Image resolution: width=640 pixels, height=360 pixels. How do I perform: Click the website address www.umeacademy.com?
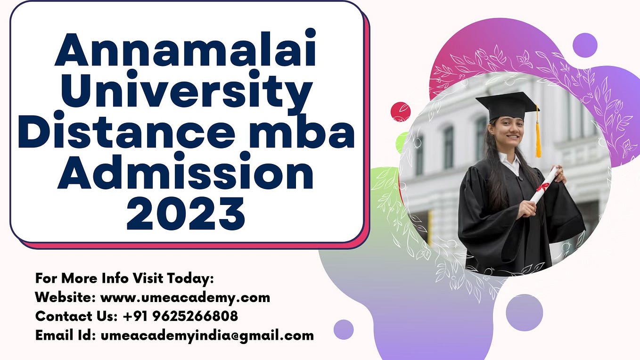coord(185,297)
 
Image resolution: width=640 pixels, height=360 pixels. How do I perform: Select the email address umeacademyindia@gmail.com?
coord(207,335)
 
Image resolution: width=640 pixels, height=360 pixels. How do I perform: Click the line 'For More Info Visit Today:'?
coord(124,278)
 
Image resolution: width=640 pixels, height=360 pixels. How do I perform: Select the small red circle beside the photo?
coord(401,112)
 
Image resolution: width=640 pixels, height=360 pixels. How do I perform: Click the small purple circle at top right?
coord(585,45)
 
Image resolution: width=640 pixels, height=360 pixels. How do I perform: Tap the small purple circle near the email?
coord(344,329)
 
